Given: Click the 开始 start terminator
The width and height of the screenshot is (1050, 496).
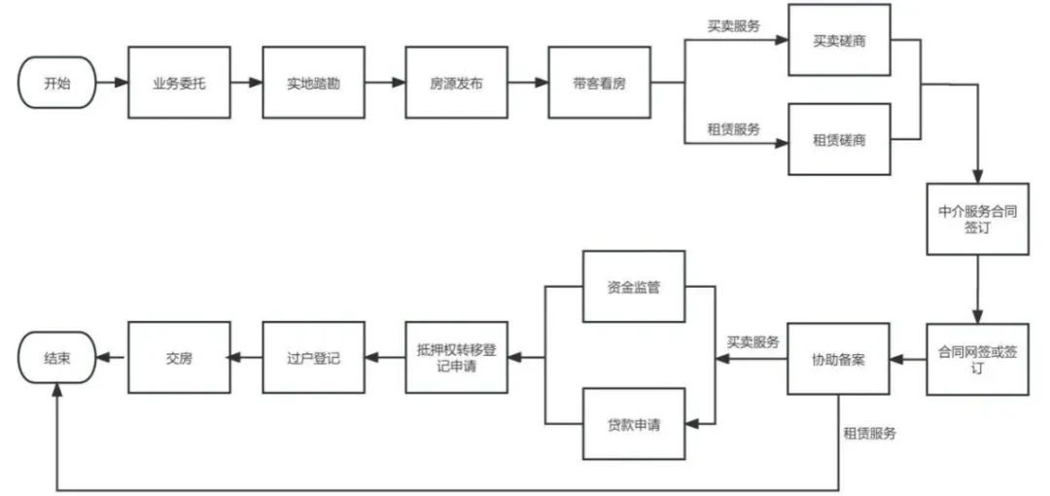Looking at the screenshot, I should [57, 83].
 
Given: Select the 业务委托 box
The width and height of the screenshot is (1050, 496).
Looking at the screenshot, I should [178, 83].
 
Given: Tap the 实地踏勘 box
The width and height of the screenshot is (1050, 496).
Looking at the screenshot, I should [313, 83].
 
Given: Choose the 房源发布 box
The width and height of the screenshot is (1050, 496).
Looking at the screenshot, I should [456, 83].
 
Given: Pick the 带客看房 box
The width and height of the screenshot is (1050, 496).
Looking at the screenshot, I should [599, 83].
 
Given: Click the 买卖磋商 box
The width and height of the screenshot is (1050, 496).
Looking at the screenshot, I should [839, 43].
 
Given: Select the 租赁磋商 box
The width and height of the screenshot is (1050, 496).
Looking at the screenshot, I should [839, 141].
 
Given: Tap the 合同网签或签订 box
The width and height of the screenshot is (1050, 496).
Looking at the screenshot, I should [977, 358].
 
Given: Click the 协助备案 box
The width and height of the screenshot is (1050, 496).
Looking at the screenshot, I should [838, 358].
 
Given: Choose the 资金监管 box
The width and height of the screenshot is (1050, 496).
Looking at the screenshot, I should [633, 287].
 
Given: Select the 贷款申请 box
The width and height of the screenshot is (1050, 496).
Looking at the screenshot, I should [633, 424].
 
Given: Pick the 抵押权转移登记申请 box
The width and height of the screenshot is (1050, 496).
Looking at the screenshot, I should [456, 358].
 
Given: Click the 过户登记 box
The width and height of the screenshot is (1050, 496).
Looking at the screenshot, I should [313, 358].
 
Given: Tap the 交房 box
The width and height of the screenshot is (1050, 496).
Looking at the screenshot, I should [179, 358].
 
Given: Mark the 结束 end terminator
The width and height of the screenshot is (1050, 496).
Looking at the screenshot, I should [57, 358].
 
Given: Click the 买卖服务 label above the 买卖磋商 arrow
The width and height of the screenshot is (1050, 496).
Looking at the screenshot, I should [734, 25].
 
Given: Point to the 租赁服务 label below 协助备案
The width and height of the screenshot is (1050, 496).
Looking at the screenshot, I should [869, 433].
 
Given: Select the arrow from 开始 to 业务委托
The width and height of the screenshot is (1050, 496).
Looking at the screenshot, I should [113, 83].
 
